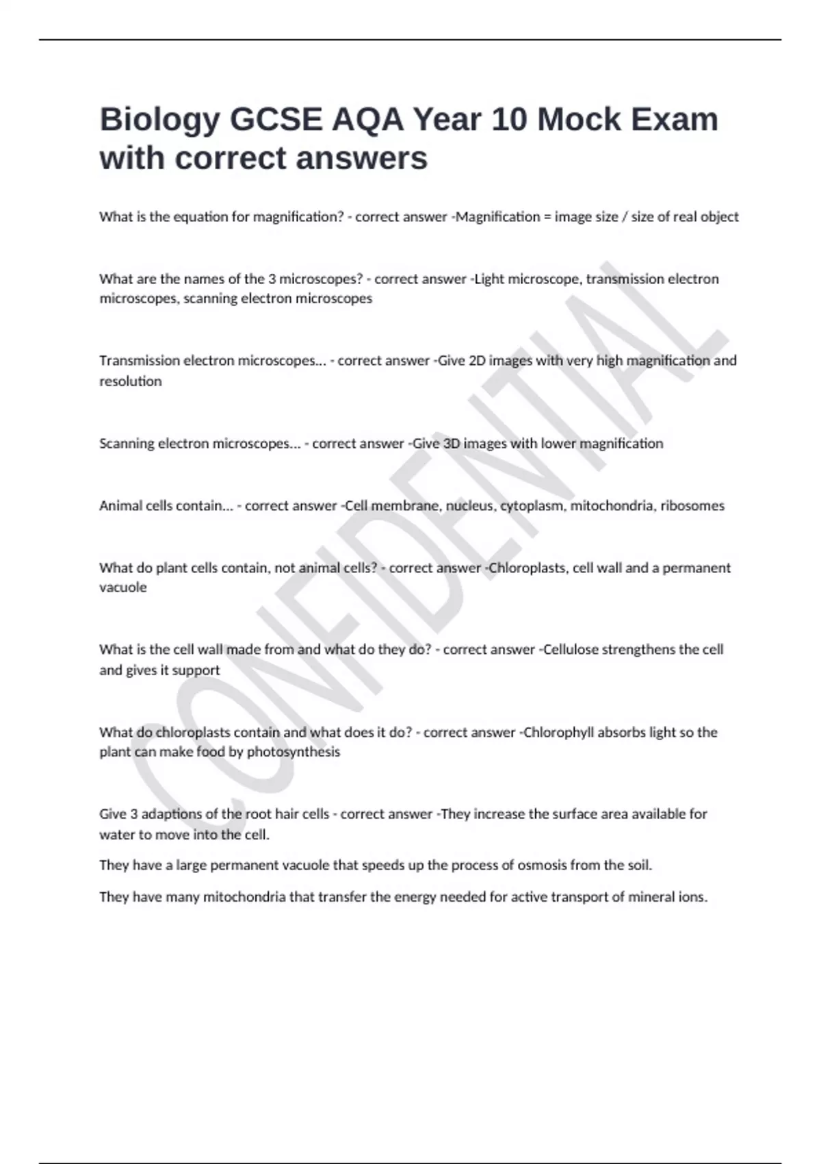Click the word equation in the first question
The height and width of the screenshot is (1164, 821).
tap(196, 217)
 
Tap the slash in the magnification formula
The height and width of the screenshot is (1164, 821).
tap(625, 217)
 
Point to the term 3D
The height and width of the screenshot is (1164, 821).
tap(451, 444)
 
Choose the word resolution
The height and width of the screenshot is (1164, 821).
tap(131, 381)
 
